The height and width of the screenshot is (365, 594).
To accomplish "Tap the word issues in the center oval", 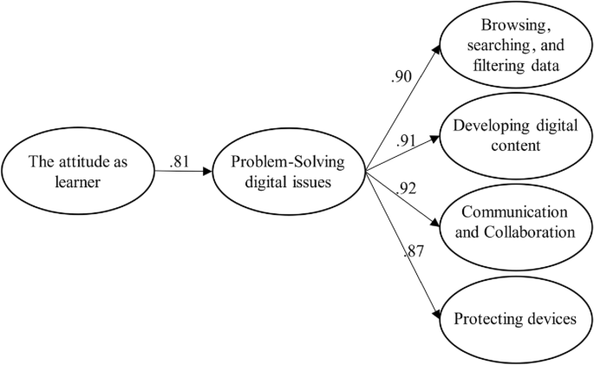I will point(317,182).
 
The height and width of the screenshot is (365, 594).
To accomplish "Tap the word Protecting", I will point(486,319).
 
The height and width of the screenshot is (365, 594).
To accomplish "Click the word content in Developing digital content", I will point(514,146).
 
